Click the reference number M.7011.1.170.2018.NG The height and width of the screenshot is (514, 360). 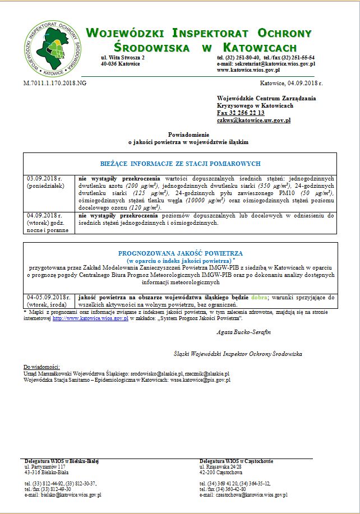[x=54, y=83]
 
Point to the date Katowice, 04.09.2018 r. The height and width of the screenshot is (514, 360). [x=292, y=83]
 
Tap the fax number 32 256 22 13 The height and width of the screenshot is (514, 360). [x=240, y=113]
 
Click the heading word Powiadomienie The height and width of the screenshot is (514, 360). [x=188, y=135]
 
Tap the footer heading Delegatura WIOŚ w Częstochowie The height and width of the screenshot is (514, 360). [x=236, y=461]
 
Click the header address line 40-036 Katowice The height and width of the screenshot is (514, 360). [x=120, y=64]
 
